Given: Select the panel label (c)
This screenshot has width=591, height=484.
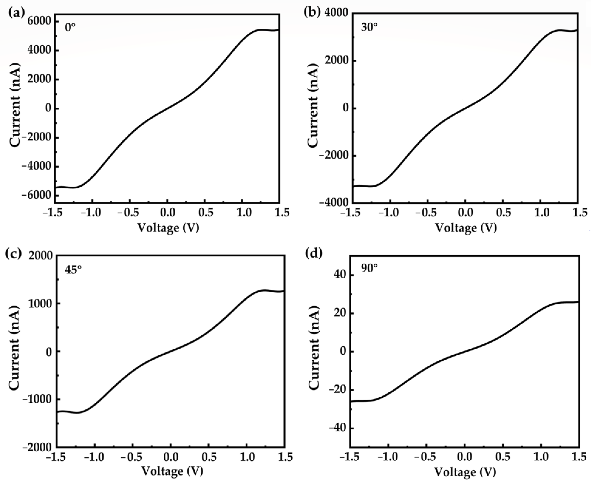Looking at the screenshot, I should (13, 254).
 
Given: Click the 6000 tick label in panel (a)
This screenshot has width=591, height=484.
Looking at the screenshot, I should (40, 21).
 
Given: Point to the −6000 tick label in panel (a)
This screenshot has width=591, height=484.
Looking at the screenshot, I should (37, 196).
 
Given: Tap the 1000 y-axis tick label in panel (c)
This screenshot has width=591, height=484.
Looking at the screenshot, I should (41, 304).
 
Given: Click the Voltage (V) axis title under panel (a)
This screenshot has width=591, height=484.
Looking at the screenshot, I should (168, 228).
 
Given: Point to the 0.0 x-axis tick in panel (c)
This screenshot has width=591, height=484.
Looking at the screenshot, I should (171, 457).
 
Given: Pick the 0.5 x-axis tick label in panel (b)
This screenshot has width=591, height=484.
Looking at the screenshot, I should (503, 213).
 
